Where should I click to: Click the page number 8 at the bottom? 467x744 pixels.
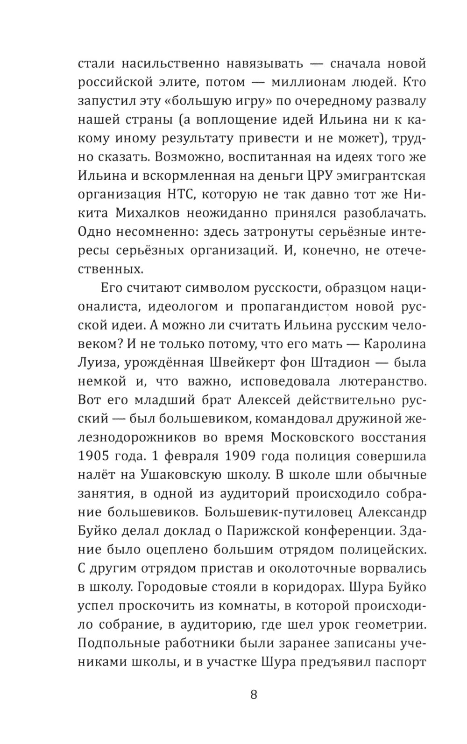254,694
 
